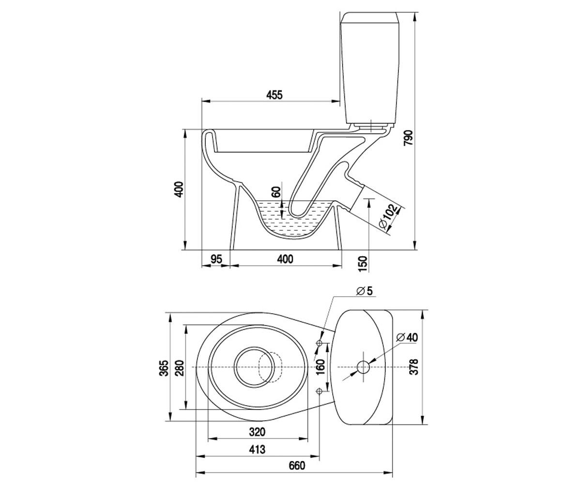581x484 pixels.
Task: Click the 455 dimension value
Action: [x=275, y=95]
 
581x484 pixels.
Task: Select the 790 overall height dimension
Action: [x=409, y=137]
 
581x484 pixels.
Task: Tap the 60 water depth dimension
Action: [x=276, y=192]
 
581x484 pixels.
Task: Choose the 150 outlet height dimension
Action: [x=363, y=264]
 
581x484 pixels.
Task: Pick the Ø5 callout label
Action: [x=364, y=291]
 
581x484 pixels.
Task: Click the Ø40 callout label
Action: [x=407, y=337]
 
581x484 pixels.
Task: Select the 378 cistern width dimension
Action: [x=414, y=367]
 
